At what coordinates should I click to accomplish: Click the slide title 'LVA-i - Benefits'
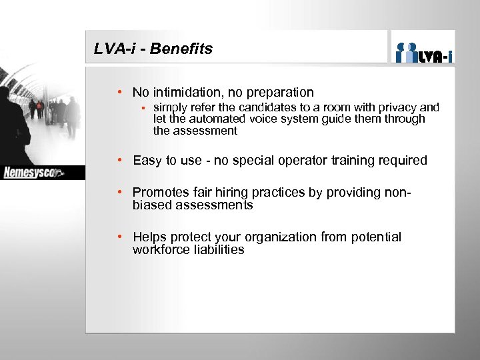tap(153, 49)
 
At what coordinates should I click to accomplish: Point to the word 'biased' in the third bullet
tap(152, 205)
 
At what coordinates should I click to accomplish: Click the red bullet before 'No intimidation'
tap(118, 93)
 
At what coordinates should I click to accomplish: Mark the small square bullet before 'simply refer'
tap(143, 107)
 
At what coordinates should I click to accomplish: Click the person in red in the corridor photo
tap(40, 108)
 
